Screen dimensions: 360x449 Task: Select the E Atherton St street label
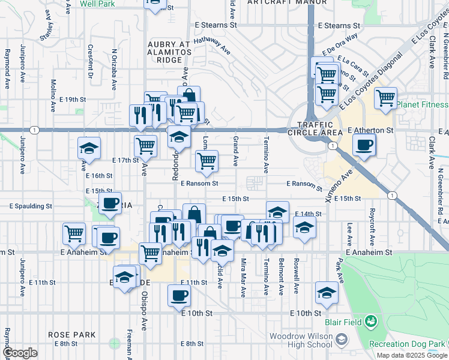tap(370, 130)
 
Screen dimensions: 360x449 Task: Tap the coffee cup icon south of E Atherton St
tap(364, 145)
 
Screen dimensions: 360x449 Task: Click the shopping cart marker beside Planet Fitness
tap(385, 97)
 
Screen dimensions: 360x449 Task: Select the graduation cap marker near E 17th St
tap(89, 148)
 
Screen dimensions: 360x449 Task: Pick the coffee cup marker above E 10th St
tap(179, 295)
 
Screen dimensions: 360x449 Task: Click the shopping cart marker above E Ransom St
tap(206, 160)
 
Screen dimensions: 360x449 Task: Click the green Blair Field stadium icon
tap(371, 322)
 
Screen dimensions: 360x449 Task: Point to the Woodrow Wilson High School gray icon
tap(342, 340)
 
